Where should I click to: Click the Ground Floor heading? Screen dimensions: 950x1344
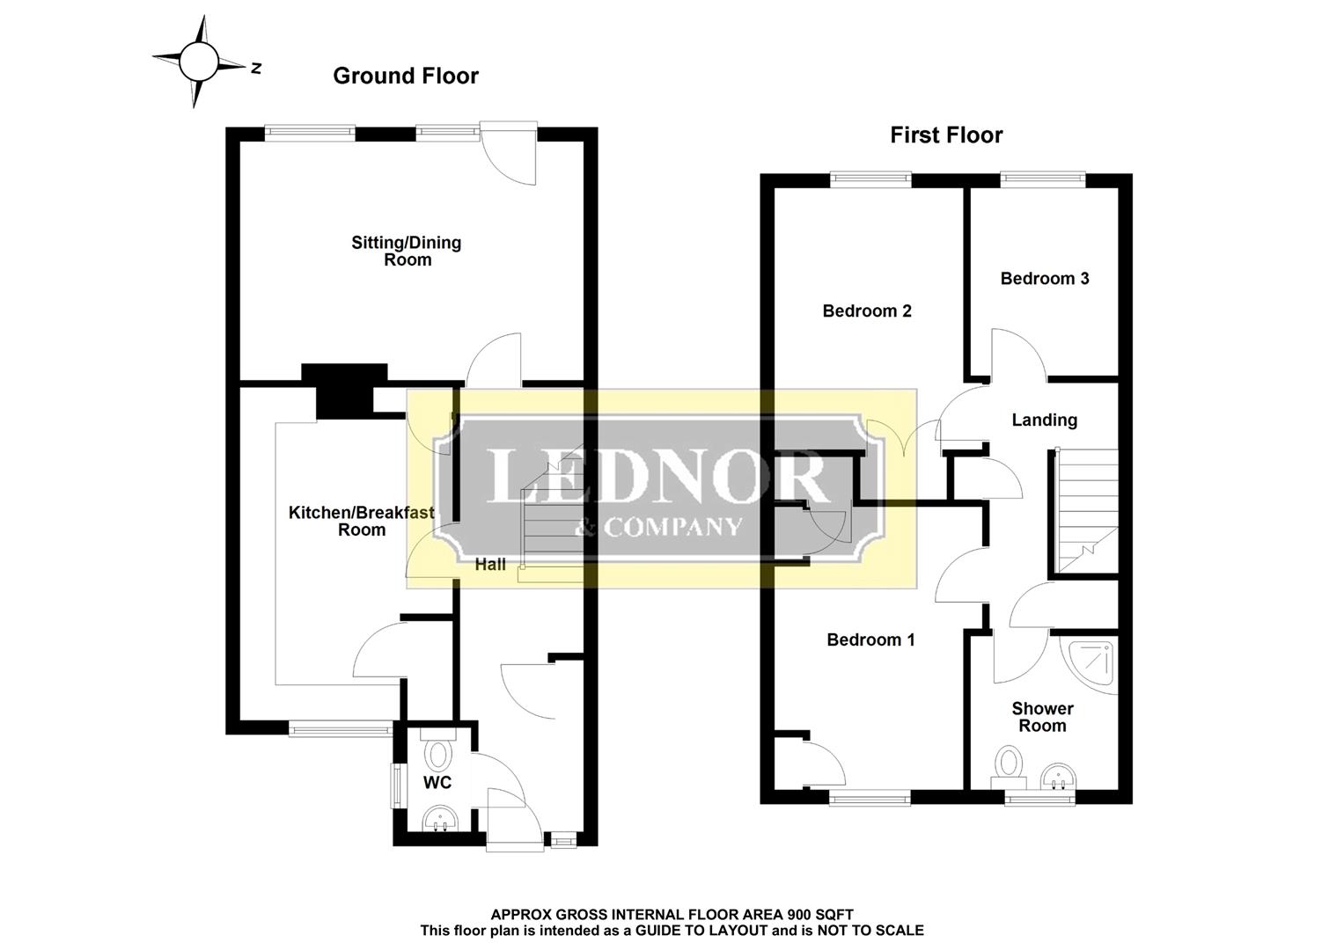tap(406, 77)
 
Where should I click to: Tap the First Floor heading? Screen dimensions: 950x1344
tap(946, 135)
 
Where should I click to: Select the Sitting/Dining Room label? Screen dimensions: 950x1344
tap(407, 251)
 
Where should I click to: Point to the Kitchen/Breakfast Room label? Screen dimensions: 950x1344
tap(361, 521)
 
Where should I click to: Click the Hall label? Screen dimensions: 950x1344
tap(490, 565)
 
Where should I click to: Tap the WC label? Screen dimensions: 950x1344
tap(437, 783)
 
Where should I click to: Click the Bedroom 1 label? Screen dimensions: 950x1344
tap(870, 640)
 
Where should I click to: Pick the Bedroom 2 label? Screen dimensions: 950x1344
tap(867, 311)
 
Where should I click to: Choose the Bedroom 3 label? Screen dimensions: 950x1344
tap(1045, 279)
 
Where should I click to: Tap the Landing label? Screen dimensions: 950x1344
tap(1044, 420)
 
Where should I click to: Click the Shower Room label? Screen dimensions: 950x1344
tap(1042, 717)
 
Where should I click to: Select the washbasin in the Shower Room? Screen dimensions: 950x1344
tap(1057, 778)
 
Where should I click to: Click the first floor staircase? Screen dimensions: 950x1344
tap(1086, 510)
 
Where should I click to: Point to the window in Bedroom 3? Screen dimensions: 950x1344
tap(1043, 179)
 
